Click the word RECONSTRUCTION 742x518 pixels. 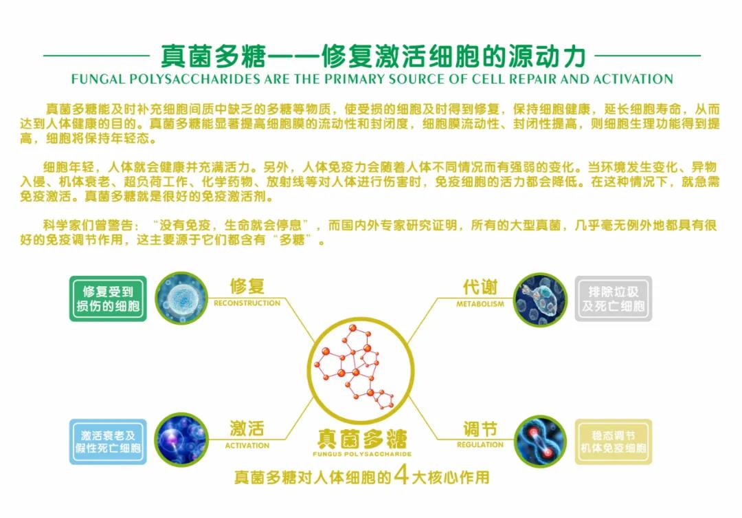247,303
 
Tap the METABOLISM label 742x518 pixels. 480,304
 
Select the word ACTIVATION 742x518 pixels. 247,446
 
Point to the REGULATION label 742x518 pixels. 480,444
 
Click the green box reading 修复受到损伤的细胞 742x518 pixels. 108,299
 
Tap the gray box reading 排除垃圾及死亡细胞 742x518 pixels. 614,299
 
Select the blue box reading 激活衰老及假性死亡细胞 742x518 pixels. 108,442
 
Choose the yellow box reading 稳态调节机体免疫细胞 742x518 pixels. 614,442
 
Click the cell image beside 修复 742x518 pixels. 181,299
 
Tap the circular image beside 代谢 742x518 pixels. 540,299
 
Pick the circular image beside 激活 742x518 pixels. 181,440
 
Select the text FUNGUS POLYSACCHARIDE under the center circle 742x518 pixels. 362,454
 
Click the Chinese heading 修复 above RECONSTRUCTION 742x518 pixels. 247,287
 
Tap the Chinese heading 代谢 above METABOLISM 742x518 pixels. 480,287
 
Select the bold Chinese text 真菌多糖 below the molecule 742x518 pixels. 362,439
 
